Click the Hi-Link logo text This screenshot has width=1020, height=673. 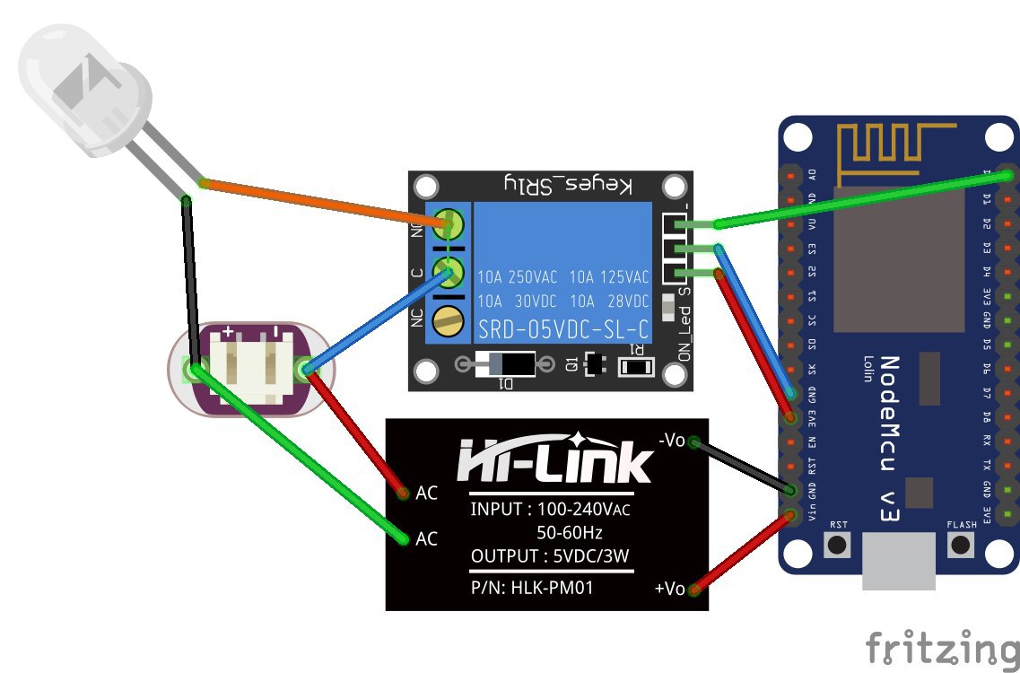tap(555, 461)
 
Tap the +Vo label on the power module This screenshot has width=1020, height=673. tap(670, 589)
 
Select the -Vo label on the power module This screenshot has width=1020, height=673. tap(672, 441)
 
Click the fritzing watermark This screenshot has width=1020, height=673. tap(942, 647)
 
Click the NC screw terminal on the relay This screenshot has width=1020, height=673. tap(449, 319)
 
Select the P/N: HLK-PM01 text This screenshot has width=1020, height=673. tap(532, 589)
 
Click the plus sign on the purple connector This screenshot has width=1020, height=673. tap(228, 333)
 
